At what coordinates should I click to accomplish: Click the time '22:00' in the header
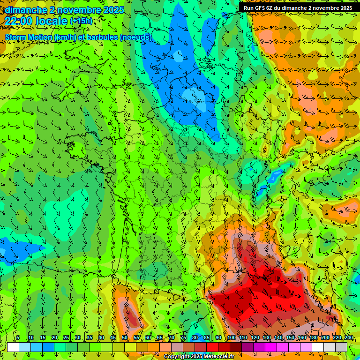pyautogui.click(x=19, y=21)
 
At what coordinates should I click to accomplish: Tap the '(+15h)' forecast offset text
pyautogui.click(x=81, y=21)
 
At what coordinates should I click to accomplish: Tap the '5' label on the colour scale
pyautogui.click(x=18, y=337)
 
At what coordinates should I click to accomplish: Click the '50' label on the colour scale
pyautogui.click(x=124, y=337)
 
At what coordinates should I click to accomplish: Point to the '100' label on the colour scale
pyautogui.click(x=232, y=337)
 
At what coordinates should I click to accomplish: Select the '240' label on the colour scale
pyautogui.click(x=348, y=337)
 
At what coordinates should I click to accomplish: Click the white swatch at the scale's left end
pyautogui.click(x=13, y=347)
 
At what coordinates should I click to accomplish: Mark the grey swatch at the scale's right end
pyautogui.click(x=341, y=347)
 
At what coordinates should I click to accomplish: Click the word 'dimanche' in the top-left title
pyautogui.click(x=26, y=10)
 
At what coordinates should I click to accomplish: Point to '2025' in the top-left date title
pyautogui.click(x=113, y=10)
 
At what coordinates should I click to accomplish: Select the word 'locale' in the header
pyautogui.click(x=52, y=21)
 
